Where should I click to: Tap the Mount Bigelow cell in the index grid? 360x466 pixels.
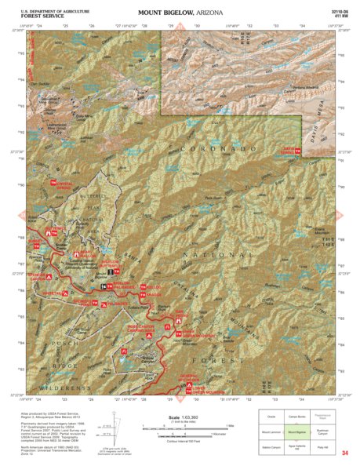point(289,431)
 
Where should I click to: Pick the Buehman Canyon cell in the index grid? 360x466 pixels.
point(322,431)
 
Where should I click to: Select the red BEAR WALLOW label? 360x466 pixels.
point(86,254)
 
